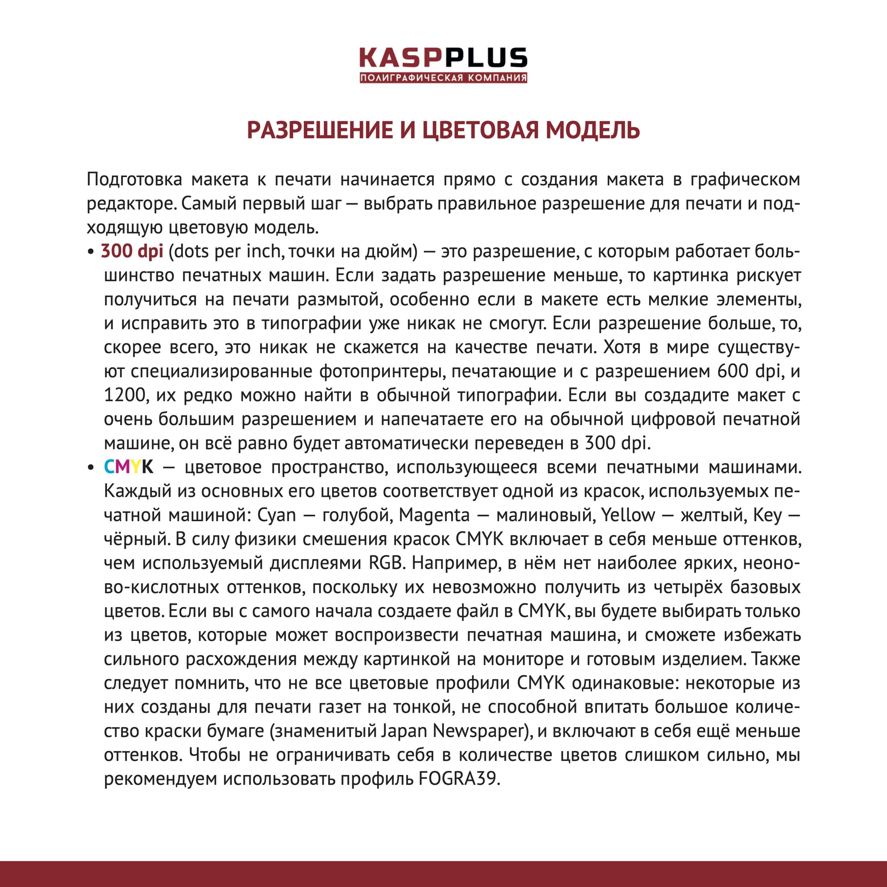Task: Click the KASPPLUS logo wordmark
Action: [x=443, y=58]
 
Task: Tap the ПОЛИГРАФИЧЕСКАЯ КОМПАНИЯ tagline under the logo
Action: [x=443, y=78]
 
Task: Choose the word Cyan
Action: [x=276, y=515]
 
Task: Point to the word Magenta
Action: [x=434, y=515]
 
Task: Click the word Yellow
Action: [x=627, y=515]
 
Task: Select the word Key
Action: [x=767, y=515]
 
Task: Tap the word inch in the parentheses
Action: [x=264, y=251]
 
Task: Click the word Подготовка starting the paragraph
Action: [x=134, y=179]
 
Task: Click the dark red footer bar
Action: [x=443, y=874]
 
